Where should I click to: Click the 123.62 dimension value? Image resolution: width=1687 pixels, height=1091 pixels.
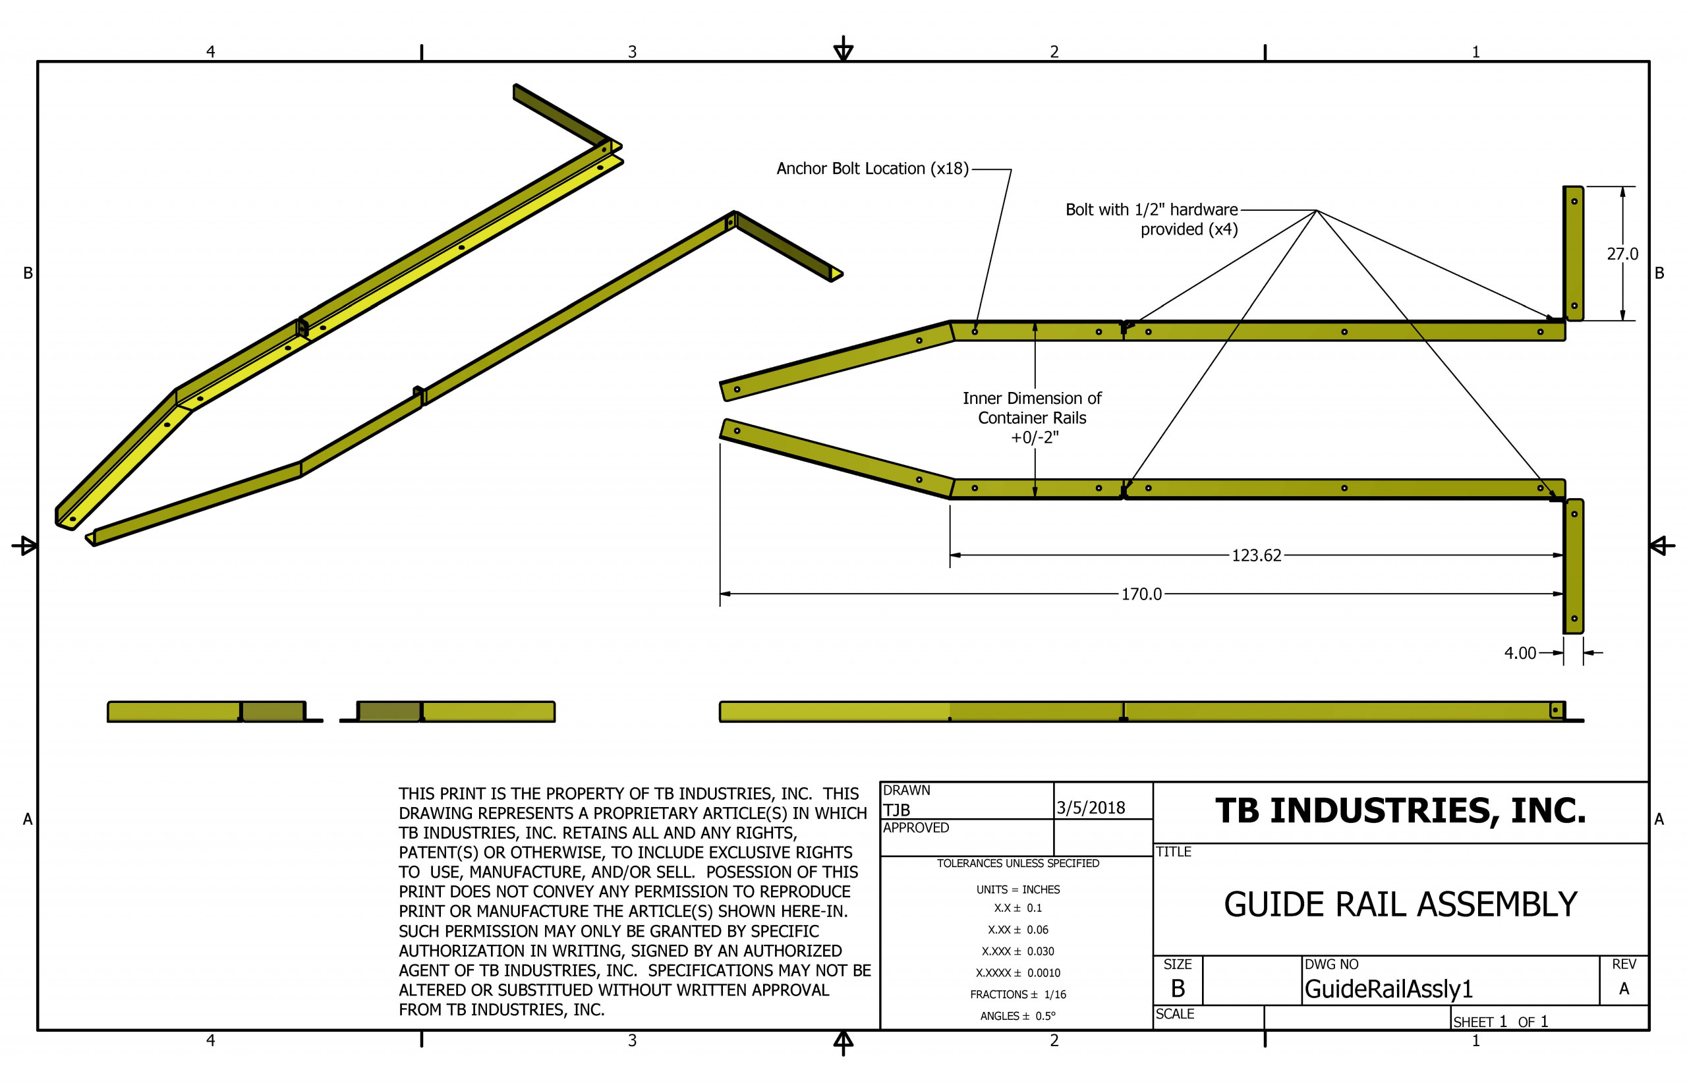coord(1255,555)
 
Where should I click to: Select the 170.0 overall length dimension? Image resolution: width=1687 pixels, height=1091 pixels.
coord(1141,594)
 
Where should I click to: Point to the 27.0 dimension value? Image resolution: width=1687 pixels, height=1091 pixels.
coord(1622,254)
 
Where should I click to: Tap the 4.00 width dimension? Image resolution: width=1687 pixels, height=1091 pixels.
coord(1520,652)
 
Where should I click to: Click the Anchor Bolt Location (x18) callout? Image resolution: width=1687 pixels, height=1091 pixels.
coord(871,169)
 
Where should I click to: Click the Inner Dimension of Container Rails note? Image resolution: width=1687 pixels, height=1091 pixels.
coord(1031,417)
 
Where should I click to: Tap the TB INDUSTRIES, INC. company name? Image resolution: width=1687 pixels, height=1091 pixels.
coord(1400,811)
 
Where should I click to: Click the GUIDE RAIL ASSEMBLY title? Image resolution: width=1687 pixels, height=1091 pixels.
coord(1400,905)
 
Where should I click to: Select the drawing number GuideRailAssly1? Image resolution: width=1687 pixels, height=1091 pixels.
coord(1388,989)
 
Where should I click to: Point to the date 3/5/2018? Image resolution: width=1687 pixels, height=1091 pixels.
coord(1091,808)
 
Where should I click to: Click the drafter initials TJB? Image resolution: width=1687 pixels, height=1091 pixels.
coord(896,810)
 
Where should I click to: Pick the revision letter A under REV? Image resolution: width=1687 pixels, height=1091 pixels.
coord(1623,988)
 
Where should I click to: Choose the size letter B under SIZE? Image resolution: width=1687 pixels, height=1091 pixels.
coord(1178,988)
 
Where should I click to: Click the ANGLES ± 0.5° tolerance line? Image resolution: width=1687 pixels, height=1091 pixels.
coord(1017,1016)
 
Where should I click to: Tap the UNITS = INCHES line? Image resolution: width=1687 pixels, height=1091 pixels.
coord(1017,889)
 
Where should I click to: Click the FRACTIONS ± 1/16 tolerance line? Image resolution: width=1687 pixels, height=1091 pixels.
coord(1017,995)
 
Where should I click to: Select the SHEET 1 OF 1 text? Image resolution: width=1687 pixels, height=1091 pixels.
coord(1500,1022)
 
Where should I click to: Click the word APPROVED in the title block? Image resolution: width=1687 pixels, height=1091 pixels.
coord(915,827)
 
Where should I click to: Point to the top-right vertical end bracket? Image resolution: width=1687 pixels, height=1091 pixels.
coord(1573,254)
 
